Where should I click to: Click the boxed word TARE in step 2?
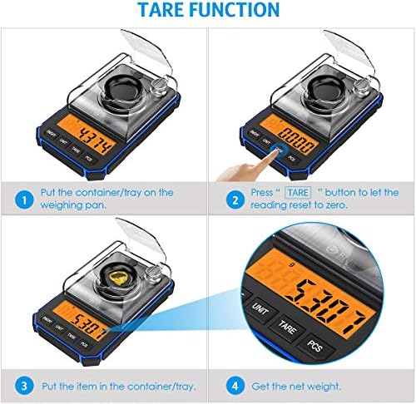click(x=294, y=193)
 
